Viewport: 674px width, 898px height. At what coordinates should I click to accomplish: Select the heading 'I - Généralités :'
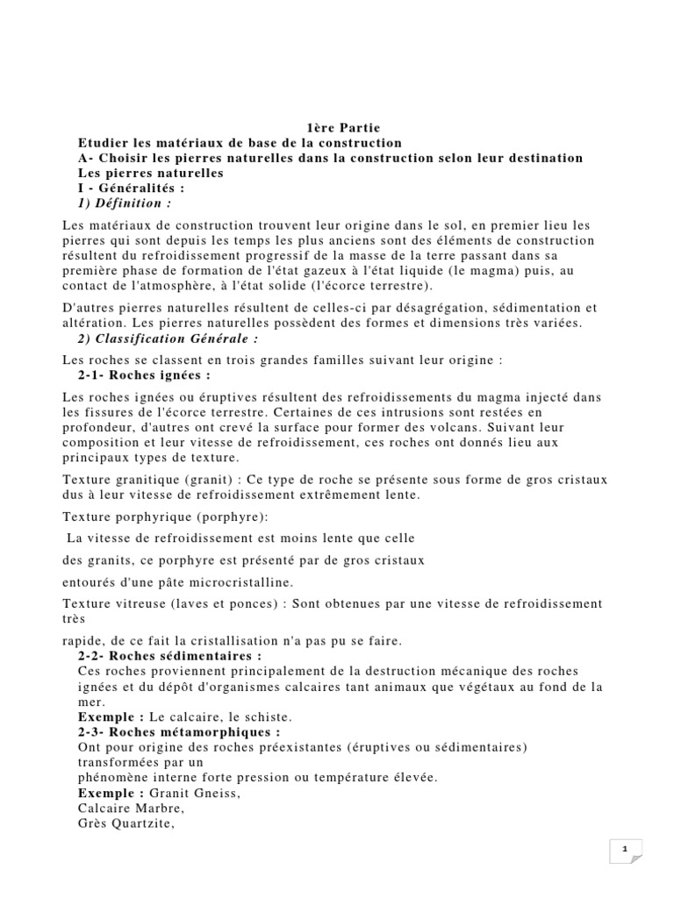tap(132, 188)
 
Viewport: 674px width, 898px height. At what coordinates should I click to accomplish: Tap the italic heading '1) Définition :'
tap(125, 203)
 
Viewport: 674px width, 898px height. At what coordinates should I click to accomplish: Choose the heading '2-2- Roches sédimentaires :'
tap(170, 656)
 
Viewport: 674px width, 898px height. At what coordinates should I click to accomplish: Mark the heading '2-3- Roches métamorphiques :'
tap(180, 731)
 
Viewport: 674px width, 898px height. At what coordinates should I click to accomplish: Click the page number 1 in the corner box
tap(626, 849)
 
